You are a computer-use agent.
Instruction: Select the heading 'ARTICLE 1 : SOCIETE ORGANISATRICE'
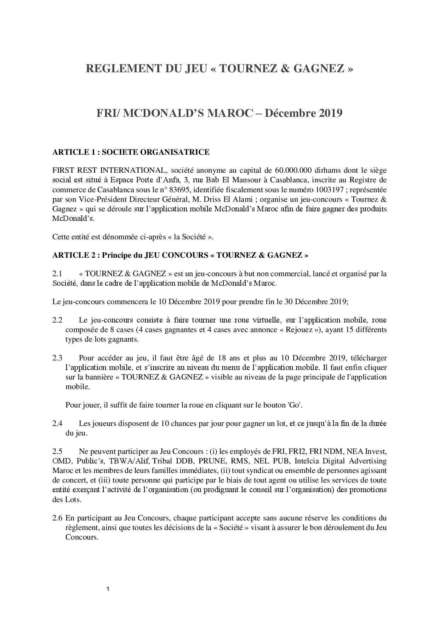[x=131, y=152]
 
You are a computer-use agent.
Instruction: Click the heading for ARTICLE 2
[x=180, y=255]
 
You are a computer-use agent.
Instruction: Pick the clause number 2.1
[x=57, y=274]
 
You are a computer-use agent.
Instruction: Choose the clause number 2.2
[x=57, y=320]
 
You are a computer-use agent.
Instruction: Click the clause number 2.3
[x=57, y=358]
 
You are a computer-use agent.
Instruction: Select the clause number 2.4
[x=57, y=423]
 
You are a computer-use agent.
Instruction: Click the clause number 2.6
[x=57, y=518]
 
